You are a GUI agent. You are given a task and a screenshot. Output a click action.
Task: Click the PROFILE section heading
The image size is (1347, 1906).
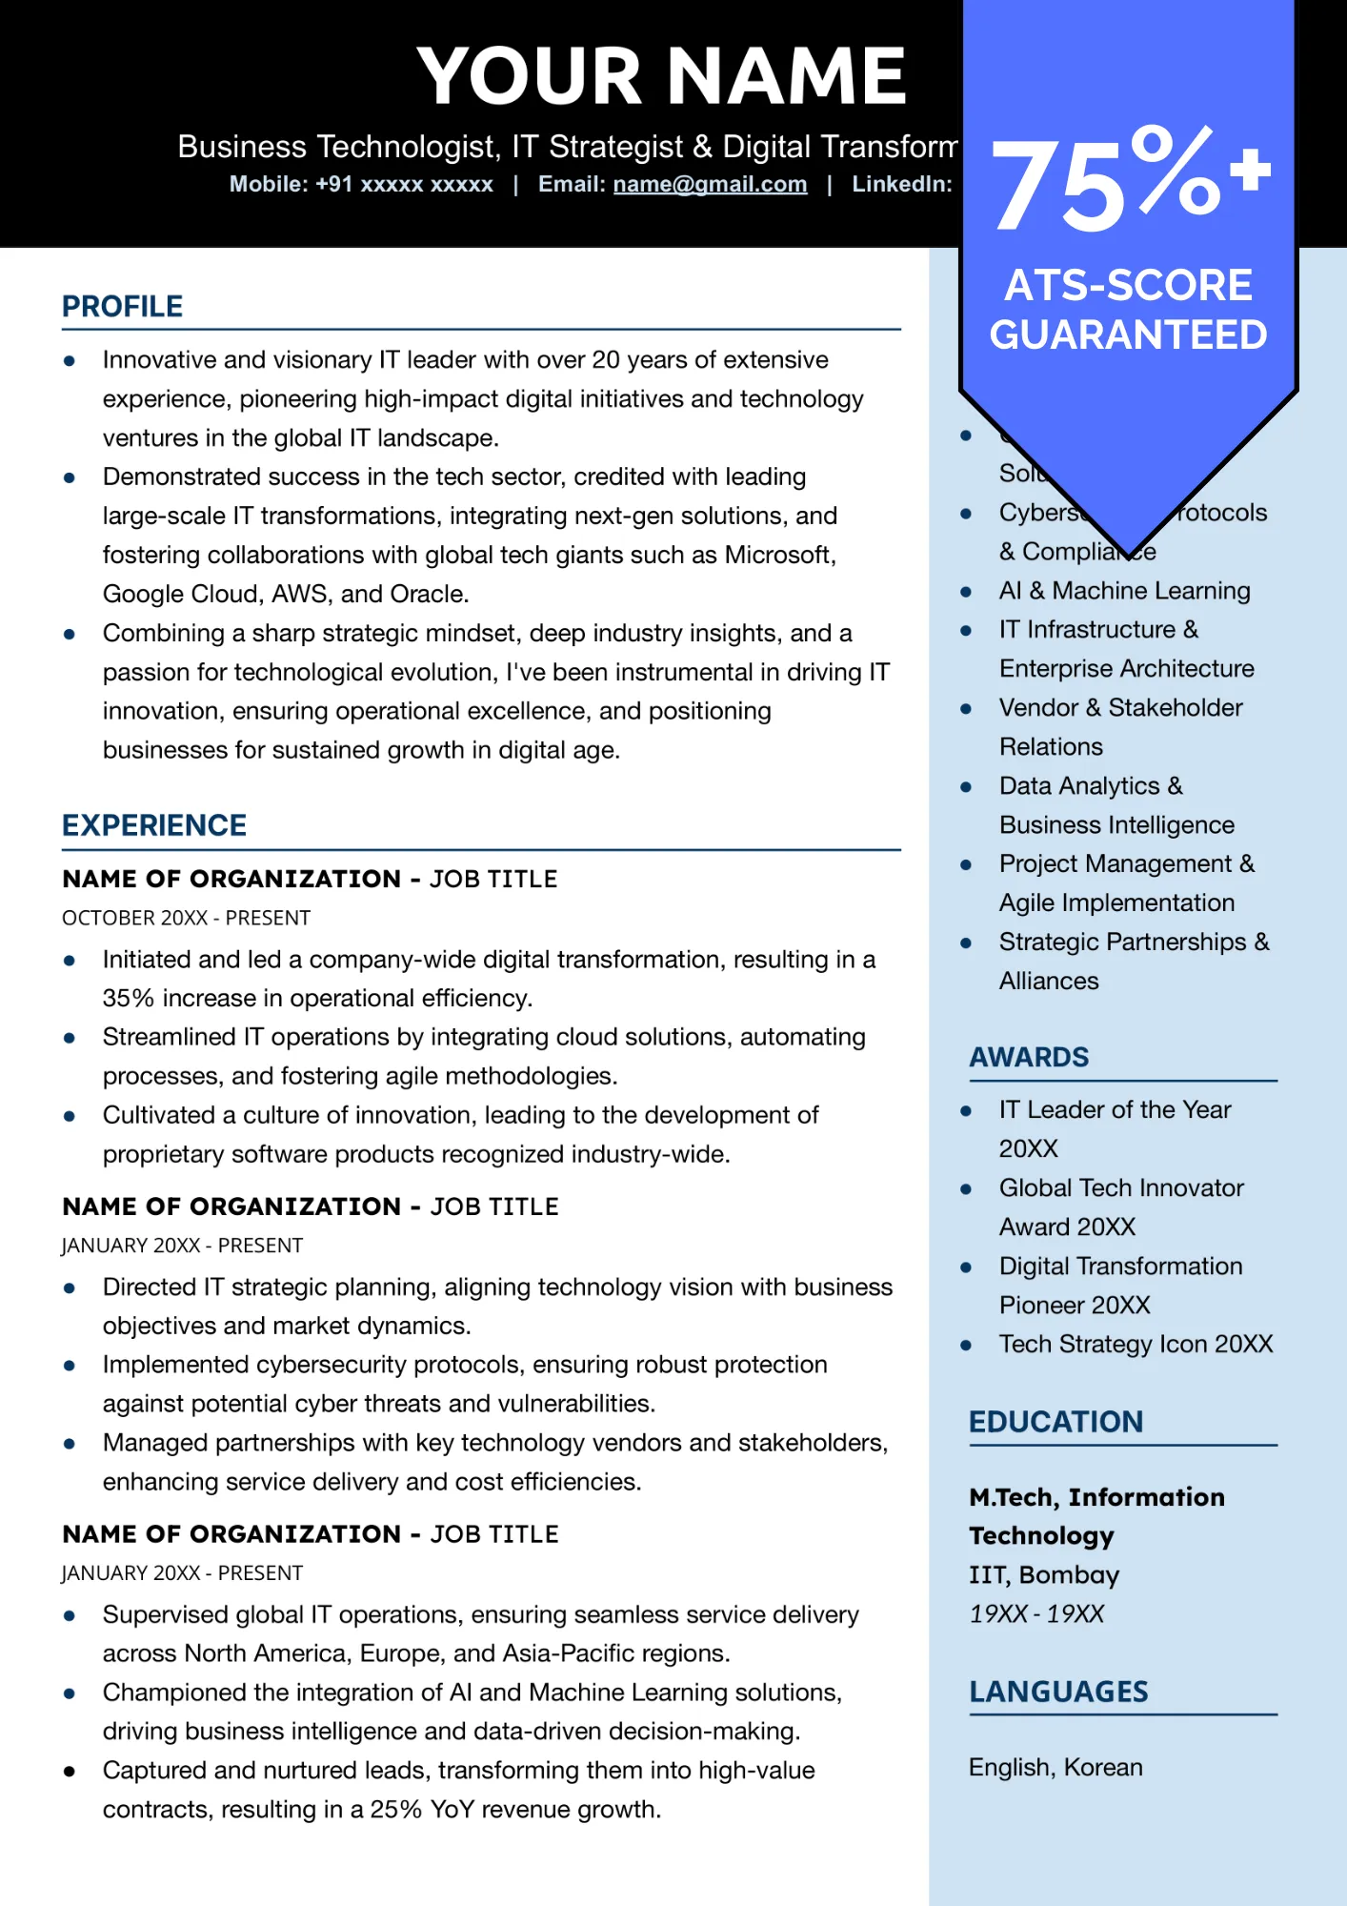(x=122, y=307)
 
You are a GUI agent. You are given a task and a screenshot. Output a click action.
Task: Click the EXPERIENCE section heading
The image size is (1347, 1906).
(x=153, y=825)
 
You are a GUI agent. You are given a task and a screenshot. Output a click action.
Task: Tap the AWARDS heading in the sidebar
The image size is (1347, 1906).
(x=1028, y=1057)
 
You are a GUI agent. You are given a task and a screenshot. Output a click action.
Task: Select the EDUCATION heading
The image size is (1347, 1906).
(x=1055, y=1422)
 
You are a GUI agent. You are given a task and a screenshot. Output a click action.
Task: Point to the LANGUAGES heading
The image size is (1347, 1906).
(x=1058, y=1692)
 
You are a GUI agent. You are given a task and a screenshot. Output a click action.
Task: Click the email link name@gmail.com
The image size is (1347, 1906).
(x=710, y=184)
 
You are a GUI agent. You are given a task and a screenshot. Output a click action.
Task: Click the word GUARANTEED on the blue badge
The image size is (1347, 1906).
(x=1128, y=335)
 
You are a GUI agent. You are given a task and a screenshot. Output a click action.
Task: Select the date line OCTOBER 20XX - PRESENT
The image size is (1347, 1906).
(x=186, y=918)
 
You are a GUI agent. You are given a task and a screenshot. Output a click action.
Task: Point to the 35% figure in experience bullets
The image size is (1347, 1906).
(x=128, y=998)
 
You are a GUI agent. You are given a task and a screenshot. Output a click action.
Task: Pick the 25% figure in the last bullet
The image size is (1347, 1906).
(x=395, y=1809)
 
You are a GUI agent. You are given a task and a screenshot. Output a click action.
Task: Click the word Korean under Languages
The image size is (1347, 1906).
(x=1102, y=1767)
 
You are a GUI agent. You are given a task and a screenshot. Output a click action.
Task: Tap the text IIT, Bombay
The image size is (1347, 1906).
(x=1043, y=1574)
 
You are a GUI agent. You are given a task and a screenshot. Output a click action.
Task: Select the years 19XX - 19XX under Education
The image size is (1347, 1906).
(x=1035, y=1613)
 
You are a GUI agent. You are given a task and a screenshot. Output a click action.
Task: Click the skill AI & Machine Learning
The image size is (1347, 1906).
(x=1124, y=591)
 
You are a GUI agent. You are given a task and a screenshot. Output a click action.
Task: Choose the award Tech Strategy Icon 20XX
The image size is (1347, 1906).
(x=1136, y=1344)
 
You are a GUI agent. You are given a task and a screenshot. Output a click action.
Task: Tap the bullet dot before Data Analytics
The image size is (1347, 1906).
(x=966, y=787)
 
